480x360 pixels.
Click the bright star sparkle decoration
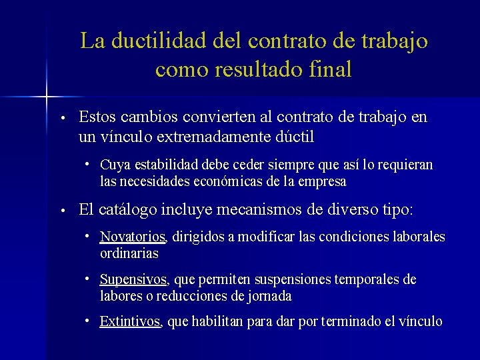[x=47, y=98]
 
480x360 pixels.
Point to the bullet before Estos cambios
[x=61, y=119]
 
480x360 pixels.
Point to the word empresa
[x=324, y=181]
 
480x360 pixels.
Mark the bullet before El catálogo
[x=61, y=211]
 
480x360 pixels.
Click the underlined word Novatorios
[x=133, y=237]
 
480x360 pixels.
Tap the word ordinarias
[x=129, y=253]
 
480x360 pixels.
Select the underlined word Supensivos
[x=133, y=280]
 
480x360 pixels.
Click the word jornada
[x=271, y=296]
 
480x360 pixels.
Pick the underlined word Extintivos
[x=130, y=322]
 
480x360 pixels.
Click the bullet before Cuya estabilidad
[x=88, y=164]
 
